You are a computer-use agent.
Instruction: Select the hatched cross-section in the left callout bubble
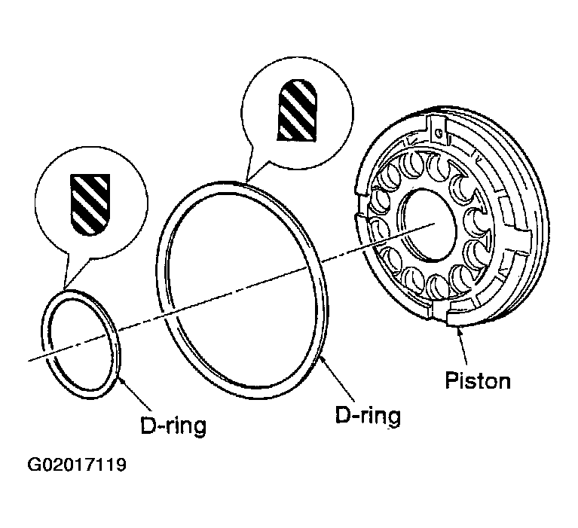coord(90,201)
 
